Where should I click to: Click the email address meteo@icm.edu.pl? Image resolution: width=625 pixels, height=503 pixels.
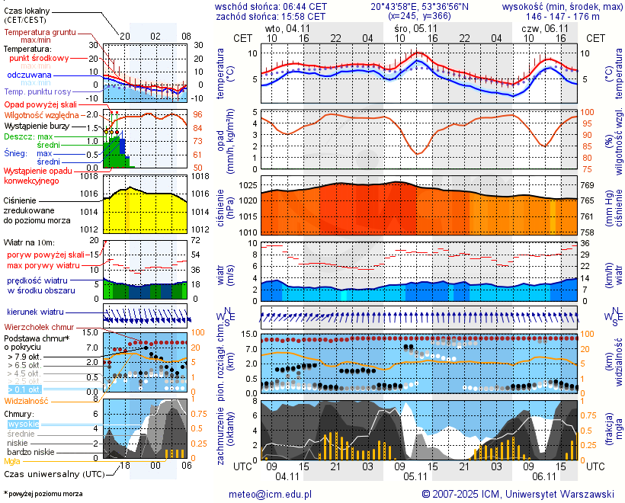271,494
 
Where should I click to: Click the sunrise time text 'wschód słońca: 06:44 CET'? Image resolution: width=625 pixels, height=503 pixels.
271,5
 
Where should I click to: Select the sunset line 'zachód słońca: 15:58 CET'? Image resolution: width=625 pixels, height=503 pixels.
271,15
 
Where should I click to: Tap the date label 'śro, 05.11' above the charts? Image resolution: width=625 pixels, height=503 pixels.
413,27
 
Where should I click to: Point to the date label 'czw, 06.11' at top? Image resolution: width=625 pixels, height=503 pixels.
540,27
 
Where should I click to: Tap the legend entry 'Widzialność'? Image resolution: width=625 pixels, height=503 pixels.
27,400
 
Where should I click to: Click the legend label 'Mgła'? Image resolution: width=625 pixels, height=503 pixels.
12,461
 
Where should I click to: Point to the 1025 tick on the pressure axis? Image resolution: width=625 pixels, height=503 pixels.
247,185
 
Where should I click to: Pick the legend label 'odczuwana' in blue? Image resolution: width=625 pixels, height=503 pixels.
29,75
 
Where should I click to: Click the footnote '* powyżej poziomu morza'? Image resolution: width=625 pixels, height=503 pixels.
43,494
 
